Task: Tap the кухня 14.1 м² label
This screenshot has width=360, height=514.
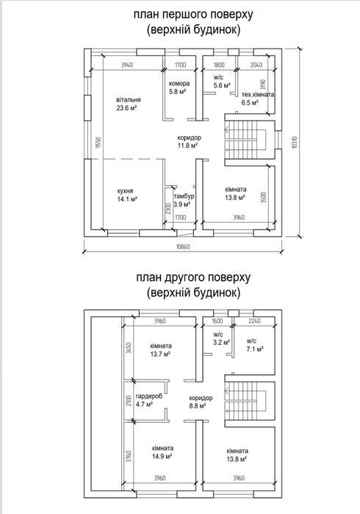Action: point(127,195)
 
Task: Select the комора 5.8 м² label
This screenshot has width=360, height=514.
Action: point(179,88)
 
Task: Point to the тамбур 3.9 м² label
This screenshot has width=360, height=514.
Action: point(184,200)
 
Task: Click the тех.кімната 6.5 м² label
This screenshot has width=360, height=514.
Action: point(258,99)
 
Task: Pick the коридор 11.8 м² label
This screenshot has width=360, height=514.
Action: point(189,142)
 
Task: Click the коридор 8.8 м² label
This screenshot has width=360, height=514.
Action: point(201,402)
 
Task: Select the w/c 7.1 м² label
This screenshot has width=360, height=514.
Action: point(255,345)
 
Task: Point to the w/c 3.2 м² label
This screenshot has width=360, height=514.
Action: point(221,339)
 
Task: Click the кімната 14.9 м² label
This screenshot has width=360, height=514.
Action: point(162,452)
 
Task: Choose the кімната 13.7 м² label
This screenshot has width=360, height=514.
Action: point(161,350)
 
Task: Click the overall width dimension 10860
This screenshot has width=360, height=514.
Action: point(183,246)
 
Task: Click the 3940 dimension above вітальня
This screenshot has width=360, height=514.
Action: point(127,65)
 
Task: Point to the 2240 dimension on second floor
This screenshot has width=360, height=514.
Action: point(254,321)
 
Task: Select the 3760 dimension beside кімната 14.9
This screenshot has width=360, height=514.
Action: point(129,456)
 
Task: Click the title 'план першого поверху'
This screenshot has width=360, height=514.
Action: point(193,15)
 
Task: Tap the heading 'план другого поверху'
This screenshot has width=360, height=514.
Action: point(193,277)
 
